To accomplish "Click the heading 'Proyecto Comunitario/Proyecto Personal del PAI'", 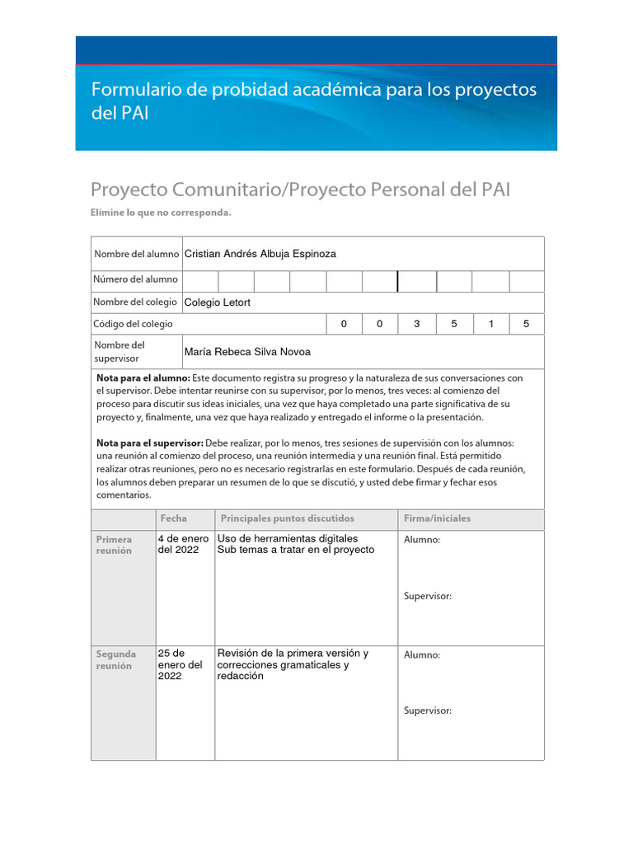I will click(x=300, y=190).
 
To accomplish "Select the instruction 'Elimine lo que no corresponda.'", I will click(x=161, y=213).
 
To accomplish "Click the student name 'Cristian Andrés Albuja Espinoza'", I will click(x=260, y=254).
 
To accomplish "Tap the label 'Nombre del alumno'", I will click(x=136, y=254).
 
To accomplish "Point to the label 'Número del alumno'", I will click(x=136, y=280).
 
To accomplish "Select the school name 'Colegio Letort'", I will click(x=217, y=302).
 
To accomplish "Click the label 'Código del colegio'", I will click(x=134, y=324).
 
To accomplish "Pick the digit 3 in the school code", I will click(x=416, y=324).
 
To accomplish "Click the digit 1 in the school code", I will click(x=490, y=324).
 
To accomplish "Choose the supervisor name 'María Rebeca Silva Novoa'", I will click(x=247, y=352).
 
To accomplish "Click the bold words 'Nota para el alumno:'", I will click(x=143, y=377).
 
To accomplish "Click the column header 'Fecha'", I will click(x=173, y=518).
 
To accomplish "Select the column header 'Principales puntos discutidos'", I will click(x=287, y=518).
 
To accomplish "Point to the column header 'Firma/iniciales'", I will click(x=437, y=518).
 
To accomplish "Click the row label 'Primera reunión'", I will click(x=114, y=545).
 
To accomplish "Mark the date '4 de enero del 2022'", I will click(x=183, y=544).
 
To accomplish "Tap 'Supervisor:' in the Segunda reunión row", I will click(x=427, y=711).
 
